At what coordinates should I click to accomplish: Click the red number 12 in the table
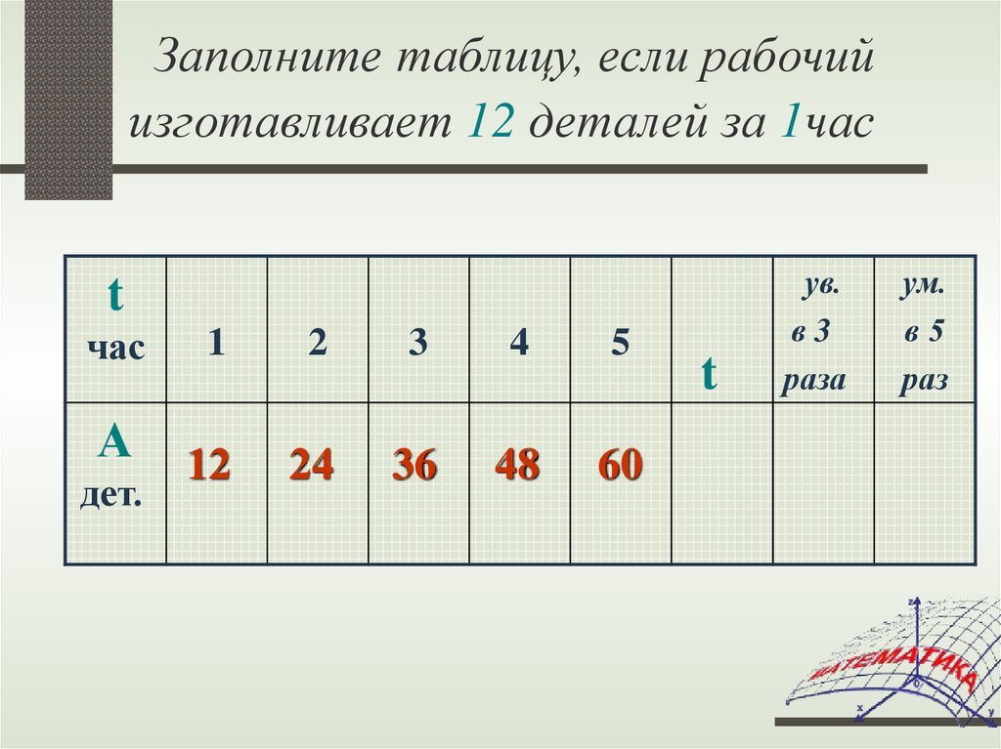coord(209,465)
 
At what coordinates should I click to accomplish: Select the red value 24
coord(311,465)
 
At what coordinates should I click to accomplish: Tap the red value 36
coord(414,466)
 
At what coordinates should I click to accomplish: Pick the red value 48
coord(517,466)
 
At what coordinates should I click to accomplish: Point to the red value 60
coord(621,466)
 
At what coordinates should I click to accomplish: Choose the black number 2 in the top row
coord(317,344)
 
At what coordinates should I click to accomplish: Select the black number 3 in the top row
coord(418,344)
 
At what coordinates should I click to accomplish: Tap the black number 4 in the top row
coord(520,344)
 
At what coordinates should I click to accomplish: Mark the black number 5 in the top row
coord(620,344)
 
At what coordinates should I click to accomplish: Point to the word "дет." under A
coord(110,497)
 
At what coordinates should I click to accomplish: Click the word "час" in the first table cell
coord(115,348)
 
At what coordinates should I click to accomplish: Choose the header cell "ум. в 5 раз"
coord(925,332)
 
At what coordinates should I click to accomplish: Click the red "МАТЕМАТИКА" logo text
coord(893,669)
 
